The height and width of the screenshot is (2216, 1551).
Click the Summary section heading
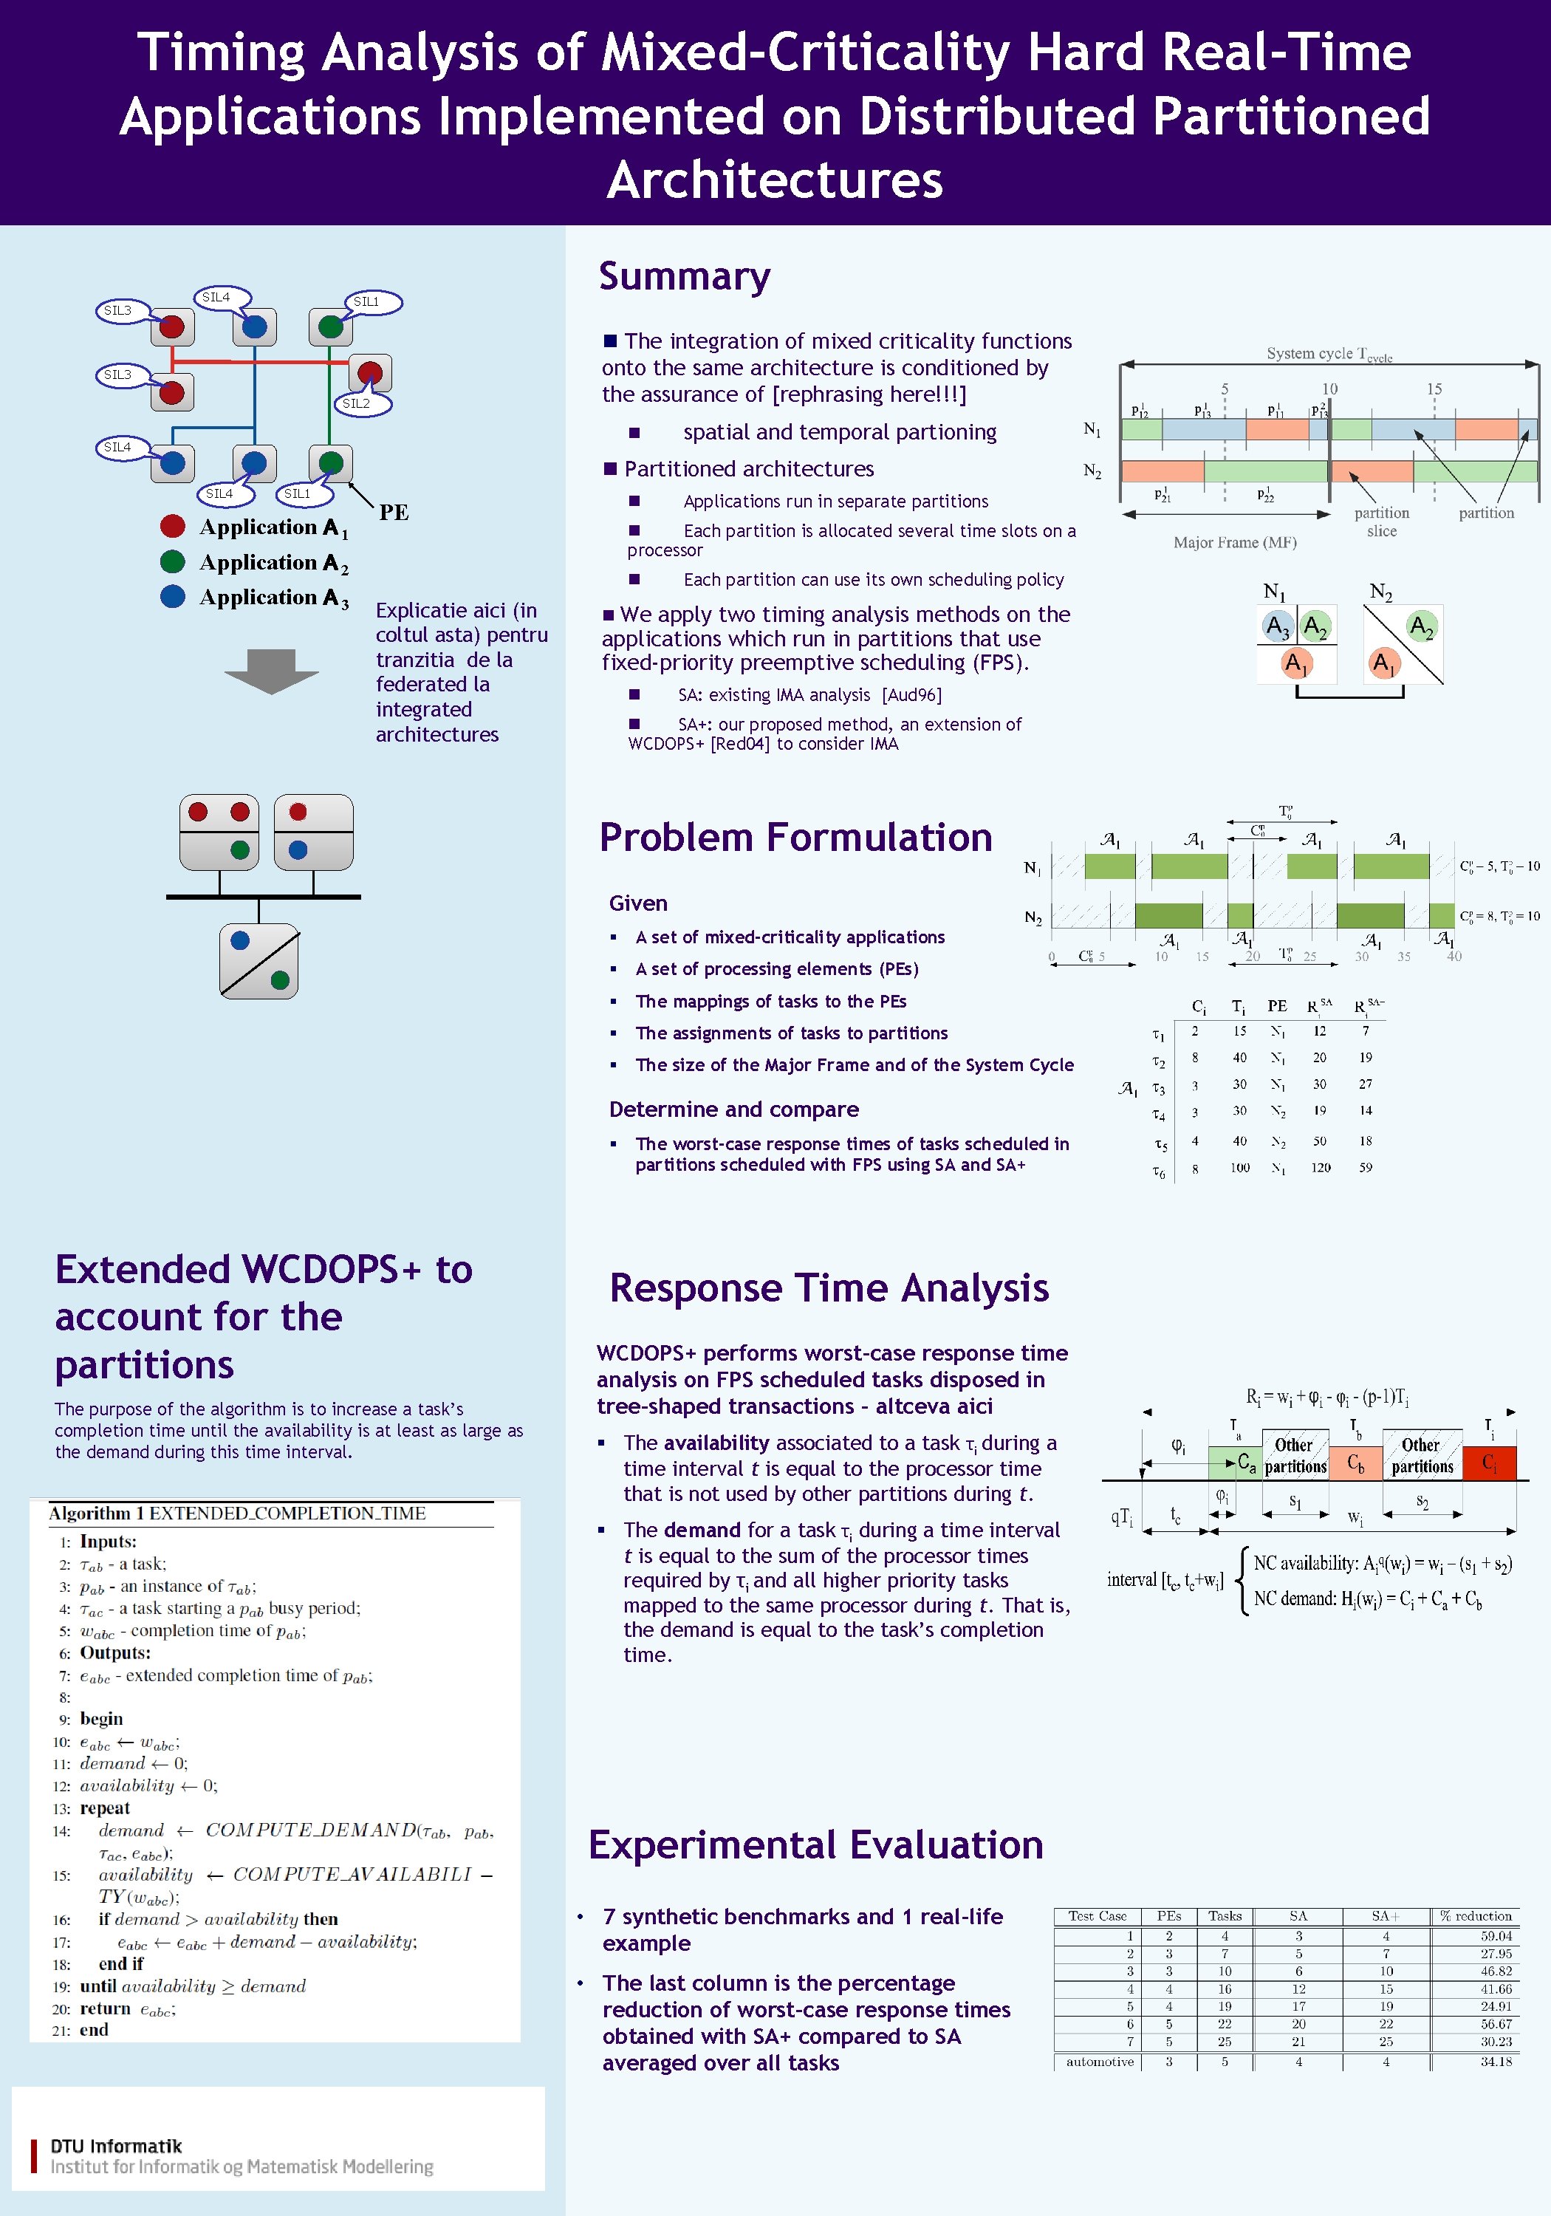pyautogui.click(x=685, y=277)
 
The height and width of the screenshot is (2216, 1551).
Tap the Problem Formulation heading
pyautogui.click(x=795, y=838)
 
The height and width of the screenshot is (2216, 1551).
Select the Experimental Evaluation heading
pyautogui.click(x=815, y=1844)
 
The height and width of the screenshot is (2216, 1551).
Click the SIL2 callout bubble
pyautogui.click(x=357, y=403)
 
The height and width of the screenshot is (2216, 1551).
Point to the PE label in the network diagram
pyautogui.click(x=394, y=513)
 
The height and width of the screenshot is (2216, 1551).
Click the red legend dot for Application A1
pyautogui.click(x=173, y=526)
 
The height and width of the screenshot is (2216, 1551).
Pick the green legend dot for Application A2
pyautogui.click(x=173, y=561)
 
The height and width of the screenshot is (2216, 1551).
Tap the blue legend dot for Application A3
pyautogui.click(x=173, y=596)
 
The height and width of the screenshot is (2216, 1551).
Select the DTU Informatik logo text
pyautogui.click(x=116, y=2146)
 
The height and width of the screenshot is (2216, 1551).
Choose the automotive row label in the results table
pyautogui.click(x=1099, y=2062)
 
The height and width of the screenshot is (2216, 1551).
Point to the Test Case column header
pyautogui.click(x=1098, y=1916)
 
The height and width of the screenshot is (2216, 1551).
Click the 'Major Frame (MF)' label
pyautogui.click(x=1234, y=542)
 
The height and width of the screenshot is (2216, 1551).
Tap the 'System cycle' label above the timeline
pyautogui.click(x=1328, y=355)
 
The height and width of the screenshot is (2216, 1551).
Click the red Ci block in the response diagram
pyautogui.click(x=1489, y=1463)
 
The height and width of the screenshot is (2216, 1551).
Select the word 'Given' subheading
pyautogui.click(x=638, y=903)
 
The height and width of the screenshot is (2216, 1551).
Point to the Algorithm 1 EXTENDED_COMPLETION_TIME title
pyautogui.click(x=237, y=1514)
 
